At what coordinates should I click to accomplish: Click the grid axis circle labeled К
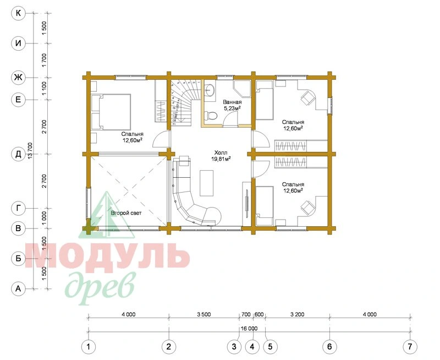pyautogui.click(x=18, y=13)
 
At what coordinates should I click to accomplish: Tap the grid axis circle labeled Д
pyautogui.click(x=18, y=154)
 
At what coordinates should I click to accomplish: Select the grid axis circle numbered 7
pyautogui.click(x=410, y=347)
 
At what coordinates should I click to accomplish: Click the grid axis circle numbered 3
pyautogui.click(x=234, y=347)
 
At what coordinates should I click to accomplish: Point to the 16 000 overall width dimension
pyautogui.click(x=249, y=328)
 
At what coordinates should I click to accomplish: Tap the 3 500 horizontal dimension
pyautogui.click(x=204, y=314)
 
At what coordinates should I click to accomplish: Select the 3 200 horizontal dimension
pyautogui.click(x=297, y=314)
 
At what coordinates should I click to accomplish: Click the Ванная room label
pyautogui.click(x=232, y=102)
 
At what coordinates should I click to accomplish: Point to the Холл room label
pyautogui.click(x=221, y=153)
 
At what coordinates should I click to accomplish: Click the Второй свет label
pyautogui.click(x=127, y=213)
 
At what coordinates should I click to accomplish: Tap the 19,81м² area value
pyautogui.click(x=221, y=159)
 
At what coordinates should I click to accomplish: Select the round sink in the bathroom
pyautogui.click(x=210, y=90)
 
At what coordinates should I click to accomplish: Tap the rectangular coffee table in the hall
pyautogui.click(x=207, y=183)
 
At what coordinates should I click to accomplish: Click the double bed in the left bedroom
pyautogui.click(x=111, y=112)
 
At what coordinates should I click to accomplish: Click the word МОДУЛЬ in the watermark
pyautogui.click(x=107, y=255)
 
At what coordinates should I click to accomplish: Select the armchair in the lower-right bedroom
pyautogui.click(x=308, y=208)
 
